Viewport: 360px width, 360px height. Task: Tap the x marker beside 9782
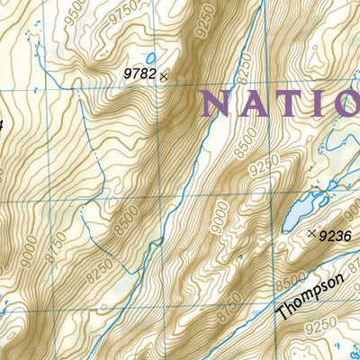(164, 76)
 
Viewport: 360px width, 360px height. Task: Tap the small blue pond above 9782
(150, 58)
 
